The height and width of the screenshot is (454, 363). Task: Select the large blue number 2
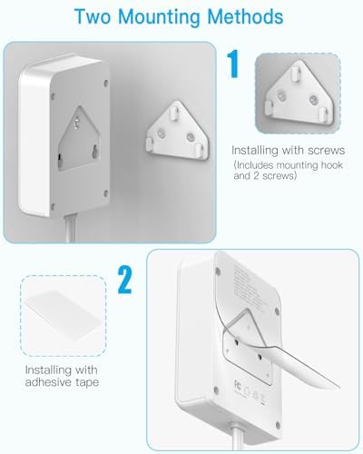point(124,278)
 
